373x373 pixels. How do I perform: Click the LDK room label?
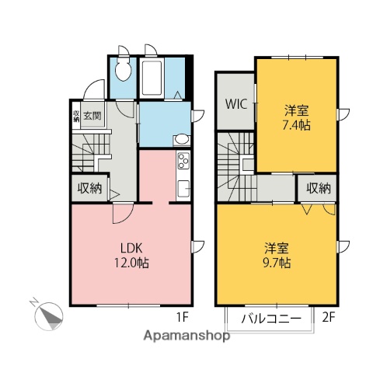(x=129, y=249)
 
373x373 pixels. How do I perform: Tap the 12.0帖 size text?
(x=129, y=263)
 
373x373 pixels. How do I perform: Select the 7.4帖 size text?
(x=295, y=125)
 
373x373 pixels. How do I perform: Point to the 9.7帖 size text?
(x=278, y=263)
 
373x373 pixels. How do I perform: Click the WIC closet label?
(x=236, y=104)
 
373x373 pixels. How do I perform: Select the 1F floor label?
(x=181, y=317)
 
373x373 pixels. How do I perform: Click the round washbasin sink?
(x=180, y=140)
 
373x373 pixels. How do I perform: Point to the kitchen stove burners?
(x=184, y=162)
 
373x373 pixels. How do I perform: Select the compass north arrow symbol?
(x=49, y=314)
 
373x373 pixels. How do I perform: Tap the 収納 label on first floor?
(x=90, y=188)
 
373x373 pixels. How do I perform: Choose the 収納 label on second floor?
(x=319, y=188)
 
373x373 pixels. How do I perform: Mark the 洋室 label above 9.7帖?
(x=278, y=249)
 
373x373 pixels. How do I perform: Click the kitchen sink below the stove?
(x=184, y=188)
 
